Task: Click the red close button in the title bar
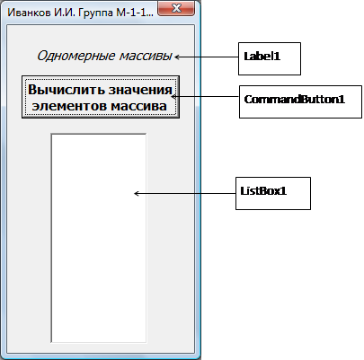click(176, 8)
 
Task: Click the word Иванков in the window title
click(29, 13)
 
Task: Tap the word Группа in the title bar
click(96, 13)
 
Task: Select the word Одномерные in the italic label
click(76, 56)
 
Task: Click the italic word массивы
click(146, 56)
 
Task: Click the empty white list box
click(99, 238)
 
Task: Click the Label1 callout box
click(270, 58)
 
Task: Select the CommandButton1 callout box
click(300, 101)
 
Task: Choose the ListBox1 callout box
click(273, 193)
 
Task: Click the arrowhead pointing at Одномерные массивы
click(177, 57)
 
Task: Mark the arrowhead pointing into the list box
click(136, 194)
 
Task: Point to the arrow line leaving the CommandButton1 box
click(205, 97)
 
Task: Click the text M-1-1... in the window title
click(136, 13)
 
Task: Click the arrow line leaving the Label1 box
click(207, 57)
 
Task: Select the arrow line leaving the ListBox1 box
click(184, 194)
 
